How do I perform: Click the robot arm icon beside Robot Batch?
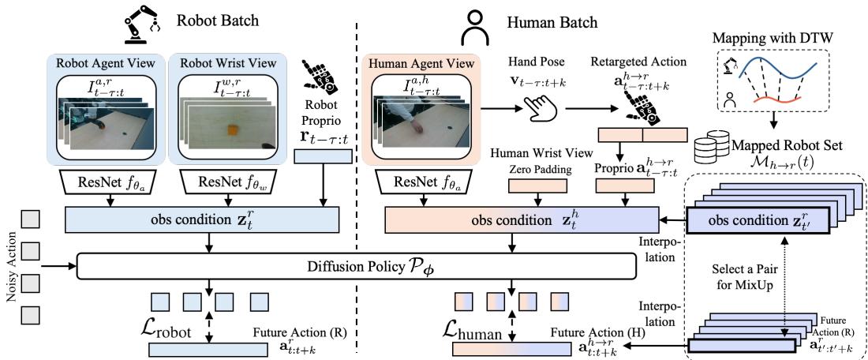click(x=139, y=24)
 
